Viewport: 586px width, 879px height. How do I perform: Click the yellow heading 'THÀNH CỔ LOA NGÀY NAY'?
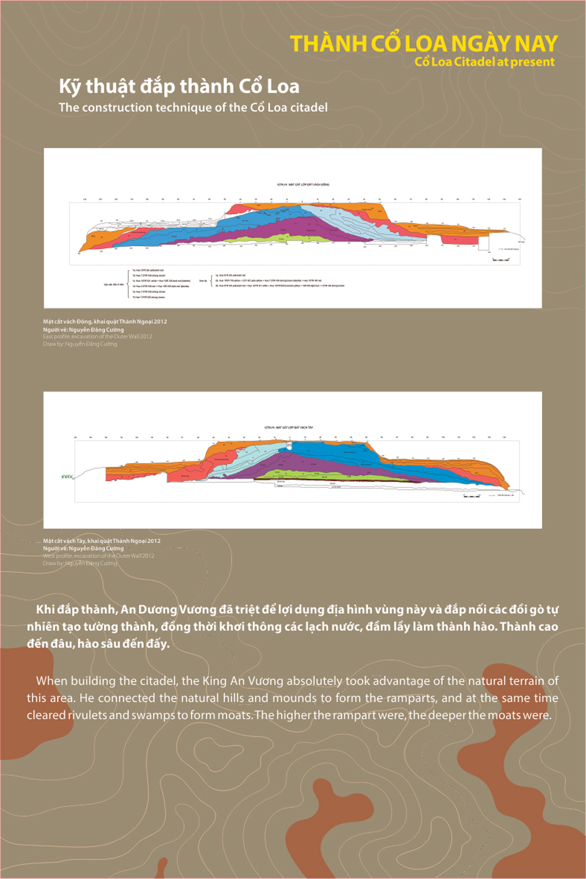pyautogui.click(x=424, y=43)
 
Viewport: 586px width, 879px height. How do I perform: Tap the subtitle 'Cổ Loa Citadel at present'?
pyautogui.click(x=484, y=61)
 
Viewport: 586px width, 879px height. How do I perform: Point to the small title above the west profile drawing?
pyautogui.click(x=288, y=428)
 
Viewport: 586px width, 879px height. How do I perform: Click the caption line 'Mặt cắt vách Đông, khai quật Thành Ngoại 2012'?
pyautogui.click(x=105, y=322)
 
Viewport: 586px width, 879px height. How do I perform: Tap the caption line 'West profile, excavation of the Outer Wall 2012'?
pyautogui.click(x=98, y=556)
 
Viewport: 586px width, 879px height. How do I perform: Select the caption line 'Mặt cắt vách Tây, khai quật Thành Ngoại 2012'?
pyautogui.click(x=102, y=541)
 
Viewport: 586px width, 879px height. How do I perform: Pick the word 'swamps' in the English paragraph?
pyautogui.click(x=150, y=715)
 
